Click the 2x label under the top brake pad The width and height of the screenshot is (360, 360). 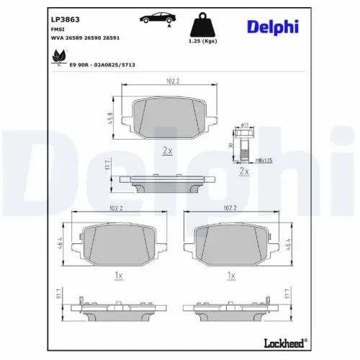click(x=167, y=150)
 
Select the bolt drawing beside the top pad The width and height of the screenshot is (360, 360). click(x=243, y=144)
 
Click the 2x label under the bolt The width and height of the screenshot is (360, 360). click(x=243, y=171)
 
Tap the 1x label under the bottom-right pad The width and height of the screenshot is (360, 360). click(x=231, y=276)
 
